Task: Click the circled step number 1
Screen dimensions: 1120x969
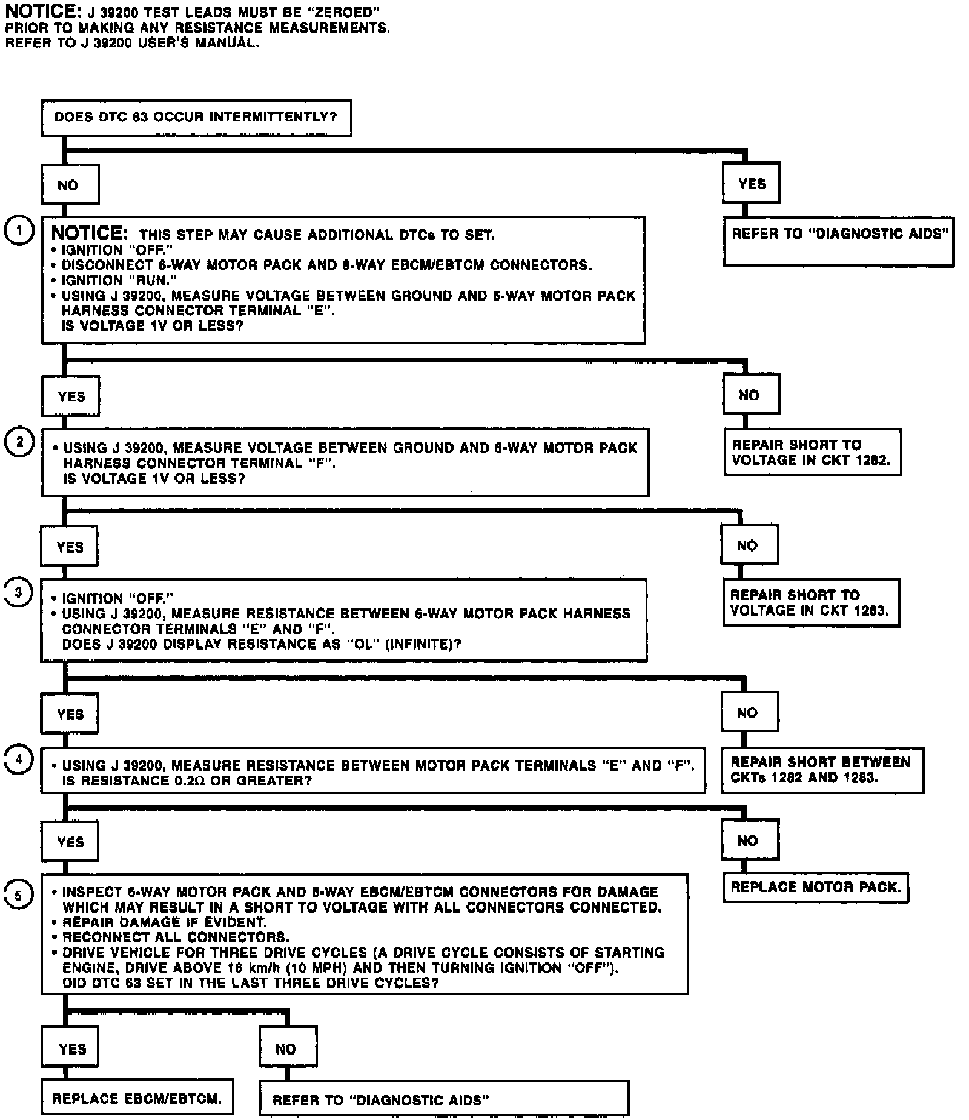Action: click(19, 232)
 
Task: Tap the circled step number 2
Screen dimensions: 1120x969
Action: click(19, 442)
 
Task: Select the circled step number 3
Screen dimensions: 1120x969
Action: click(18, 592)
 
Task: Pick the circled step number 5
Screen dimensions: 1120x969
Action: click(18, 895)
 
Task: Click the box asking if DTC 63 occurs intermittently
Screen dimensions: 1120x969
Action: click(196, 118)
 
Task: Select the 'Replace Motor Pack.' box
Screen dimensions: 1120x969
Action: click(815, 887)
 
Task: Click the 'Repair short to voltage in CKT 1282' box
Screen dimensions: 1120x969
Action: click(812, 452)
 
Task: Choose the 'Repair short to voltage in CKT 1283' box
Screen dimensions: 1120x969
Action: click(810, 602)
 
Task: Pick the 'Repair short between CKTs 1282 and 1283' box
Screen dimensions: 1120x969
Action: click(822, 770)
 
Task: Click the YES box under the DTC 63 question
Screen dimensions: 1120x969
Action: click(751, 183)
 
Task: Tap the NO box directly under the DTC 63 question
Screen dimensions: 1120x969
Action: click(70, 185)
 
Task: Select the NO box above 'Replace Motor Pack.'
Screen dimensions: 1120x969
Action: click(749, 840)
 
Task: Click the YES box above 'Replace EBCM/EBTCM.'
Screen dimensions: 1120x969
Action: click(71, 1048)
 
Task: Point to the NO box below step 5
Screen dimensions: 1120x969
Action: click(288, 1048)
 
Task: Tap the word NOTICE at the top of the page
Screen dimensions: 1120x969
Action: click(35, 11)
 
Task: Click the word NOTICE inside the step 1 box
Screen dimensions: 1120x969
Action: click(89, 233)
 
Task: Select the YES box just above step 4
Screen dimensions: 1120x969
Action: click(70, 714)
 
